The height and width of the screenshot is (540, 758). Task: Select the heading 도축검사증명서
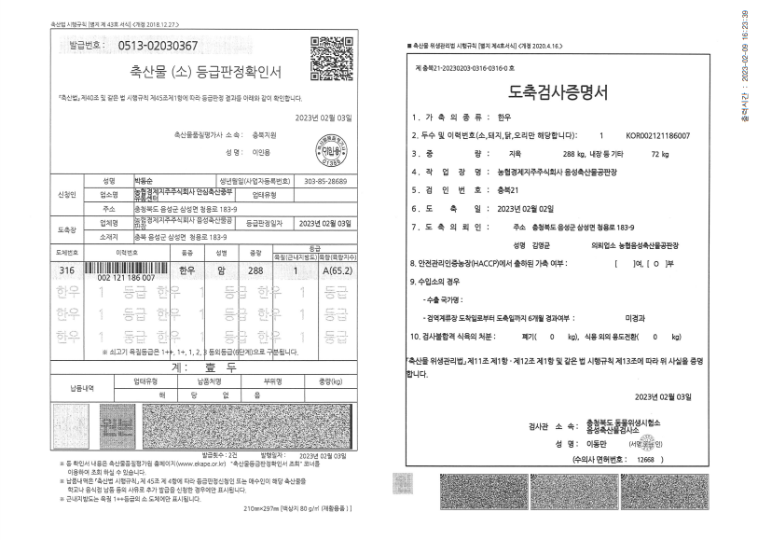(x=558, y=92)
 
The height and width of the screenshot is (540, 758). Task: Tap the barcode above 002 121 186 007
(x=127, y=267)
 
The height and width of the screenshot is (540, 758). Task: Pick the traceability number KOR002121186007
(x=658, y=135)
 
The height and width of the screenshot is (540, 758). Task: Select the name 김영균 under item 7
(x=527, y=244)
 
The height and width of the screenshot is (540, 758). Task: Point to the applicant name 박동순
(x=117, y=180)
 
